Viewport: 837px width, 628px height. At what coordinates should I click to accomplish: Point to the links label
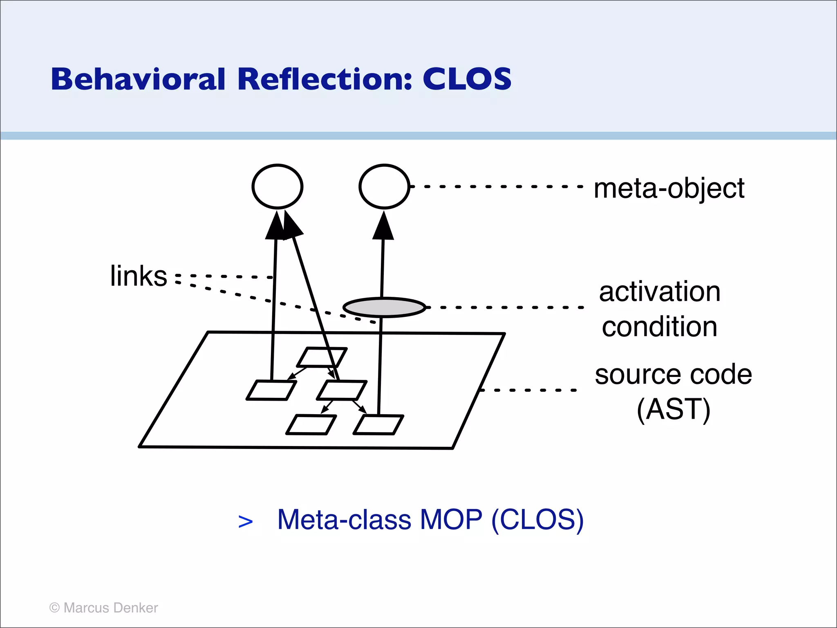(x=139, y=276)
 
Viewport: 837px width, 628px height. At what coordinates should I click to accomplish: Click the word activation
(x=660, y=292)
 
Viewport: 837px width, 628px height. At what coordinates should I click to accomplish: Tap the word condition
(x=660, y=327)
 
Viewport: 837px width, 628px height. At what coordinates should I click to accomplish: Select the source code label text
(x=673, y=375)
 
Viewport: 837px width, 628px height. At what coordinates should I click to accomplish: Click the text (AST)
(x=673, y=410)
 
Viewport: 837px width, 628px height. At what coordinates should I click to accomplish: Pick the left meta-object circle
(x=278, y=186)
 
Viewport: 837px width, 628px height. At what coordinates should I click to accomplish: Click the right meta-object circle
(x=384, y=186)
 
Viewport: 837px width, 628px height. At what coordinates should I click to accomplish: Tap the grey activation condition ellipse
(x=384, y=307)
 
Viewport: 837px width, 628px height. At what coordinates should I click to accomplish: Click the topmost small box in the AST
(x=322, y=357)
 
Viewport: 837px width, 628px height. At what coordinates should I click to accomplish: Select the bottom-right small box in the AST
(x=378, y=425)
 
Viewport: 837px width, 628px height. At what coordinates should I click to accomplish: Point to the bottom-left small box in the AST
(x=311, y=425)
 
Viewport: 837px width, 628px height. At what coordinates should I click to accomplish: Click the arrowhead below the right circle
(x=383, y=226)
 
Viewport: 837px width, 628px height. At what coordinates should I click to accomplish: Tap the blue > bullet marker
(x=245, y=522)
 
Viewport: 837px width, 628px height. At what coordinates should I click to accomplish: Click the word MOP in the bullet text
(x=451, y=520)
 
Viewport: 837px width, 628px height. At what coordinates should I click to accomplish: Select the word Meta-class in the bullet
(x=344, y=520)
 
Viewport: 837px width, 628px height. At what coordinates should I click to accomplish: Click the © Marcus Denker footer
(x=103, y=608)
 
